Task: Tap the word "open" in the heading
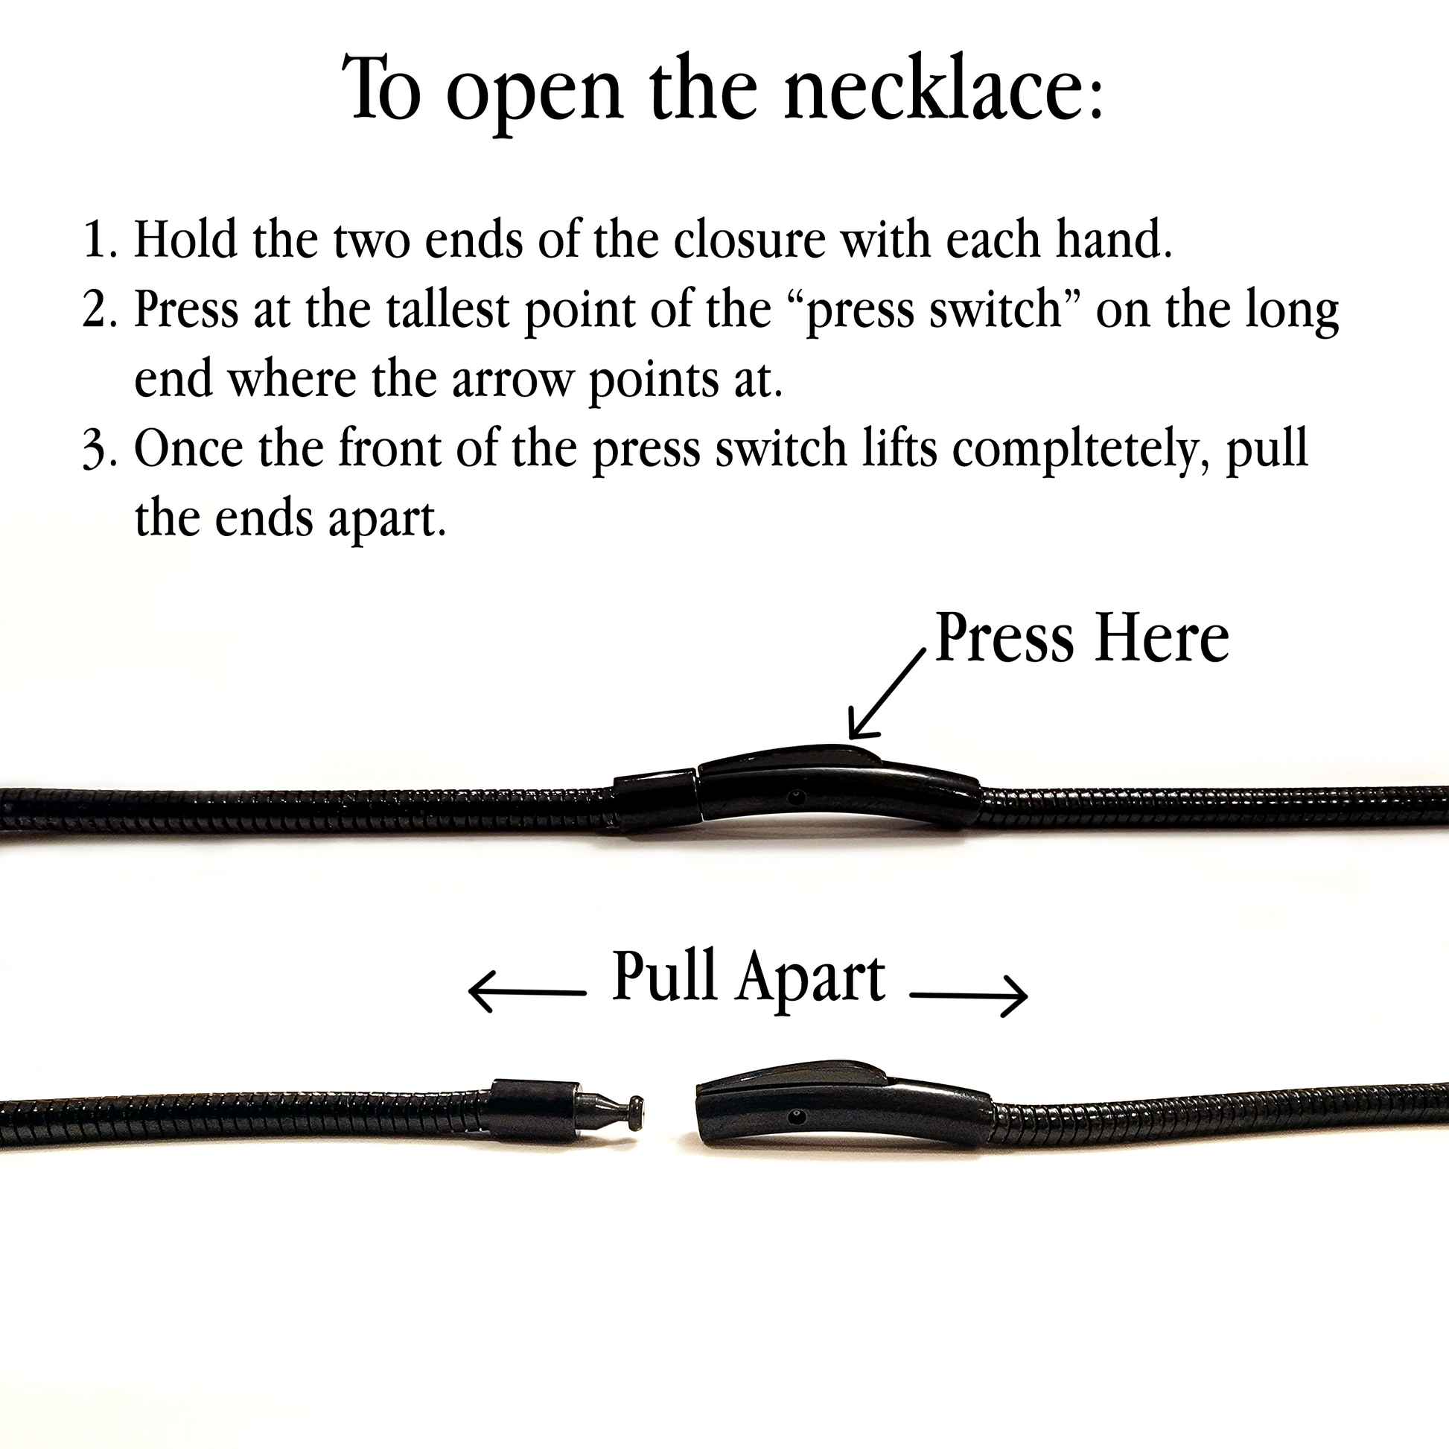535,98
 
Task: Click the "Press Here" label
1082,637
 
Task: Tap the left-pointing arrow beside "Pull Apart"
526,993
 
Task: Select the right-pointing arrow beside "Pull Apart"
968,996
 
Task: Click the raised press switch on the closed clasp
791,757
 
